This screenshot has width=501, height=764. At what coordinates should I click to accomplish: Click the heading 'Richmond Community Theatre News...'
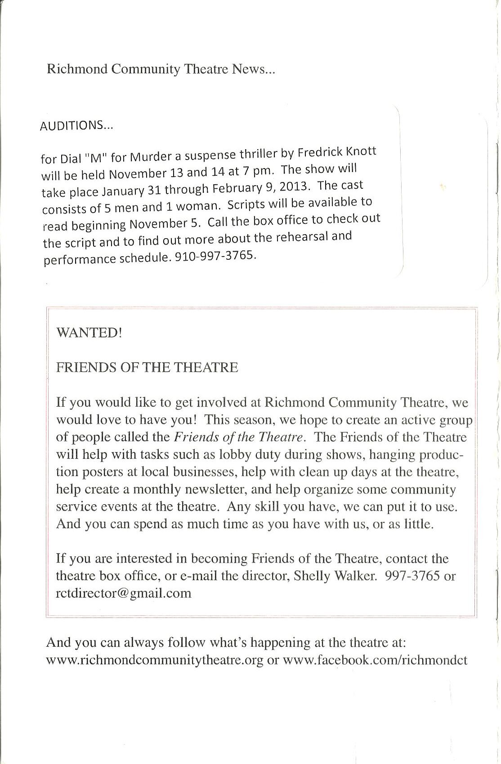click(x=160, y=70)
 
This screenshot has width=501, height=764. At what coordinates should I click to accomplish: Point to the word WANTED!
click(x=83, y=333)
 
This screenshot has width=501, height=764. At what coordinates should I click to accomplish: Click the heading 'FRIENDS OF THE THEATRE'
click(x=147, y=368)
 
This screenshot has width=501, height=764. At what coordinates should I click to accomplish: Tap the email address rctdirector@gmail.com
click(x=124, y=593)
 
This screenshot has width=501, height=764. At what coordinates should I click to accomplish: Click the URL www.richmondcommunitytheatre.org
click(x=155, y=660)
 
